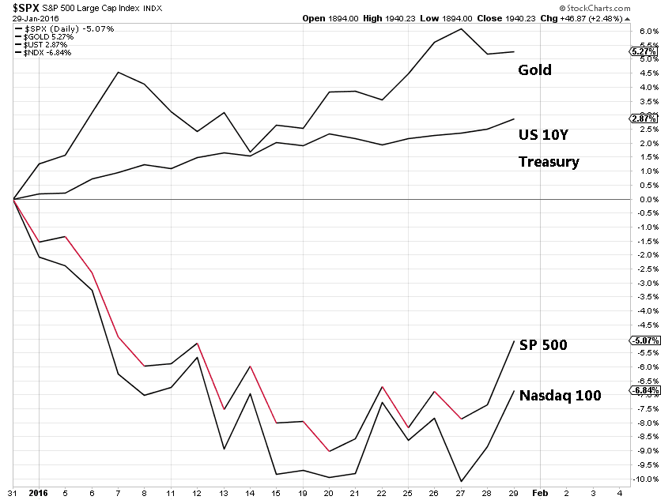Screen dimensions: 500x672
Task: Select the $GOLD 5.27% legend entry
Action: [x=50, y=36]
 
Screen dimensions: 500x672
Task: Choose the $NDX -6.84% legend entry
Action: [x=48, y=53]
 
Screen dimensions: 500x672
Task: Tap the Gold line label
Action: [x=534, y=70]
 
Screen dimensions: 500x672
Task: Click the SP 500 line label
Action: [x=543, y=345]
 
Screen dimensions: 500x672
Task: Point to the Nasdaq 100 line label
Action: [x=560, y=395]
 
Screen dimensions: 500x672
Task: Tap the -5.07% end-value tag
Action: [x=642, y=340]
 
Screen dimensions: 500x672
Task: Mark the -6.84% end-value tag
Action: [x=642, y=390]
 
